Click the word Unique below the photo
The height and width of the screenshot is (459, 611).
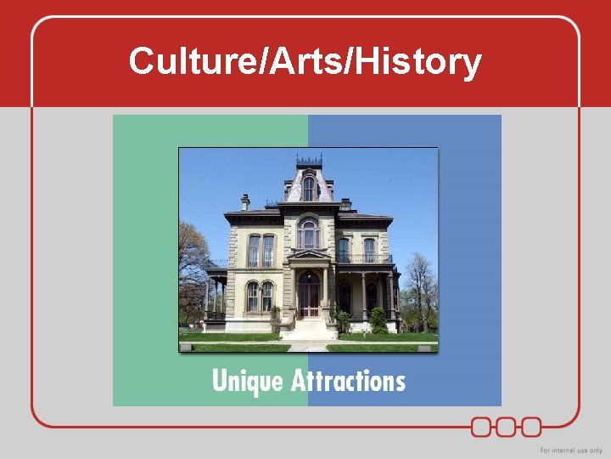(x=247, y=380)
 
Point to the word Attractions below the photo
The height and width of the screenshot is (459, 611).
(x=348, y=380)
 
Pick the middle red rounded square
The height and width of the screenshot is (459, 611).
(x=507, y=426)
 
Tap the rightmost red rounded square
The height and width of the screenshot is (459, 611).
(x=531, y=426)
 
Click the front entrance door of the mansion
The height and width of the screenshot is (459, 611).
(x=309, y=297)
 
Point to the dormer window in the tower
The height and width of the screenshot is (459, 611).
(x=309, y=188)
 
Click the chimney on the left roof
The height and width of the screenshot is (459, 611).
(x=245, y=201)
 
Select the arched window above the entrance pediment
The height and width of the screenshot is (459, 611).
(x=308, y=234)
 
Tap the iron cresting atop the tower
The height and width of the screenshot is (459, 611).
(x=309, y=160)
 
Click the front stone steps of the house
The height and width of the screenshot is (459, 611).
(x=309, y=330)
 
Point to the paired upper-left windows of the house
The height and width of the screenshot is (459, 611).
(x=261, y=251)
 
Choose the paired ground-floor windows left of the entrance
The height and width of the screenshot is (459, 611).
(x=260, y=296)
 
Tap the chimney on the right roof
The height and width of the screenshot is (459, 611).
(x=345, y=204)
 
